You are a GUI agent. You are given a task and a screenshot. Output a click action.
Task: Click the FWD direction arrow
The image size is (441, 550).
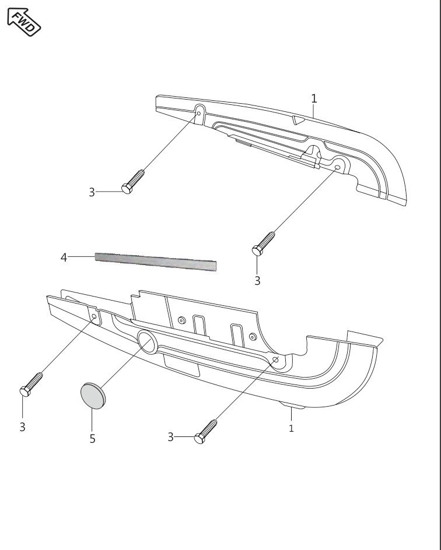pyautogui.click(x=24, y=22)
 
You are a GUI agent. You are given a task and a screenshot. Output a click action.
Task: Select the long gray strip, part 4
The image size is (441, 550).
pyautogui.click(x=156, y=262)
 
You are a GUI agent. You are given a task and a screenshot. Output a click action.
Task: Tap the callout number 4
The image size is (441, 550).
pyautogui.click(x=64, y=258)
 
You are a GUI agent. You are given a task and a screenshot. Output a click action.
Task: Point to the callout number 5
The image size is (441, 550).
pyautogui.click(x=92, y=439)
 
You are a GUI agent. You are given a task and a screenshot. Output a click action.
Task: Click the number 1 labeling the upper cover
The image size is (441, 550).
pyautogui.click(x=314, y=98)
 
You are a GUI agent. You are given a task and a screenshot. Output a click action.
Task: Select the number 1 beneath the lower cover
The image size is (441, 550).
pyautogui.click(x=291, y=428)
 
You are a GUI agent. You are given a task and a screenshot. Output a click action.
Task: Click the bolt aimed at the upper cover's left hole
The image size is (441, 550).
pyautogui.click(x=133, y=182)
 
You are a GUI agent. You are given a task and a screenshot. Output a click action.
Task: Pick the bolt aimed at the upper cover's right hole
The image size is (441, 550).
pyautogui.click(x=263, y=244)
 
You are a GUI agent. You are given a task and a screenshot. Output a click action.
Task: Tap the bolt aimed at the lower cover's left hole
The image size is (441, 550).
pyautogui.click(x=32, y=385)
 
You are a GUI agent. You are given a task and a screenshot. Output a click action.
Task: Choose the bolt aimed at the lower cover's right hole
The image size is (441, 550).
pyautogui.click(x=206, y=432)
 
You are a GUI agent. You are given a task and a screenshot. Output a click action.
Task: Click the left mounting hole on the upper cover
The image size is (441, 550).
pyautogui.click(x=199, y=113)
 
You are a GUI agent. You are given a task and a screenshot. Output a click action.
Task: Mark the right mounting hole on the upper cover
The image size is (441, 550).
pyautogui.click(x=337, y=167)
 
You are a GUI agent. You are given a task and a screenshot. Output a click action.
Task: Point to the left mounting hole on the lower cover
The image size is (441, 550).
pyautogui.click(x=94, y=316)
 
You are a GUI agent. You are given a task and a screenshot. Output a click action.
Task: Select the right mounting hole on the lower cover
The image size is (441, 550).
pyautogui.click(x=276, y=359)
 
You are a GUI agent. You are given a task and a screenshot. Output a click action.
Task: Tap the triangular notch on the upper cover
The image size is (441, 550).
pyautogui.click(x=299, y=120)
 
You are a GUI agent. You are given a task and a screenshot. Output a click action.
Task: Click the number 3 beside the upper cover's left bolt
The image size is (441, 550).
pyautogui.click(x=92, y=192)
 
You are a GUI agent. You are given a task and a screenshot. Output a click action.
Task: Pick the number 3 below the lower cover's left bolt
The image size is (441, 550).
pyautogui.click(x=23, y=427)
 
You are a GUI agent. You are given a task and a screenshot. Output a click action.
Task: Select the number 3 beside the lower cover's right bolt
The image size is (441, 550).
pyautogui.click(x=171, y=437)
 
